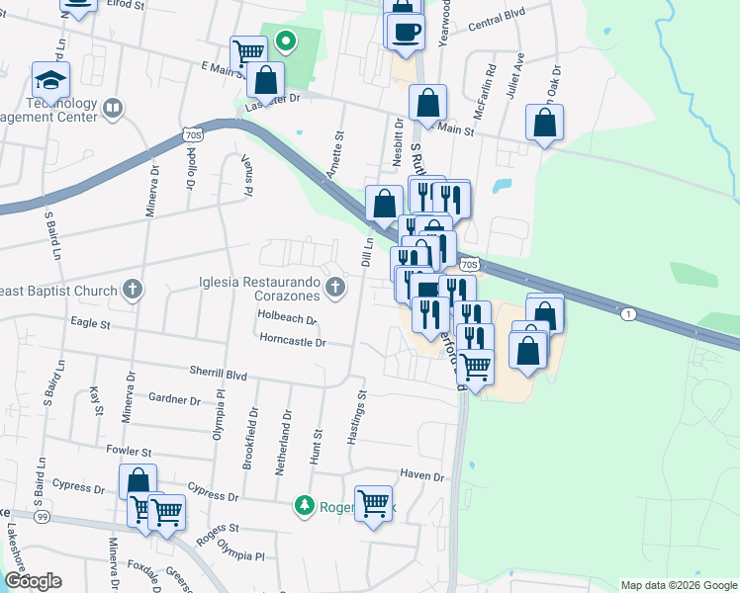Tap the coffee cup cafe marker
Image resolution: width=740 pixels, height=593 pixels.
coord(406,31)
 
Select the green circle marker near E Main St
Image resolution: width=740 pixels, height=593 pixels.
coord(286,42)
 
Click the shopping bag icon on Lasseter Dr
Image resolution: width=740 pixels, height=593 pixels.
coord(265,78)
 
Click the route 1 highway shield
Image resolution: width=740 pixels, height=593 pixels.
coord(628,313)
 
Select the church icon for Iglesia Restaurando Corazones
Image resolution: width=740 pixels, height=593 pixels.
coord(335,289)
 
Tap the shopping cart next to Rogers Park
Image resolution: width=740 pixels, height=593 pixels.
coord(374,504)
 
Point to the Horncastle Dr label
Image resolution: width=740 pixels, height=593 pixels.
coord(292,342)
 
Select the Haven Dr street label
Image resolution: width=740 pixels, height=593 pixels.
coord(423,475)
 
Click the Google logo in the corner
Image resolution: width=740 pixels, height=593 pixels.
coord(33,581)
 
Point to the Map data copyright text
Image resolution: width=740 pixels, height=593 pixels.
coord(679,585)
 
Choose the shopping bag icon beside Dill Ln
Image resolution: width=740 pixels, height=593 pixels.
coord(383,204)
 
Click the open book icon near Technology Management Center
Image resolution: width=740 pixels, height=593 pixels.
coord(113,107)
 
